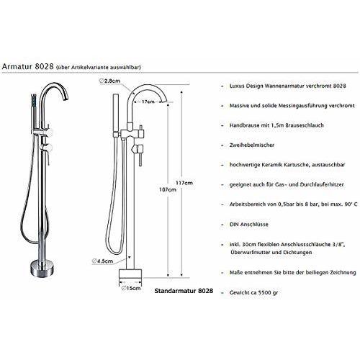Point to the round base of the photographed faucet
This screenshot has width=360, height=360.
[x=42, y=270]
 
